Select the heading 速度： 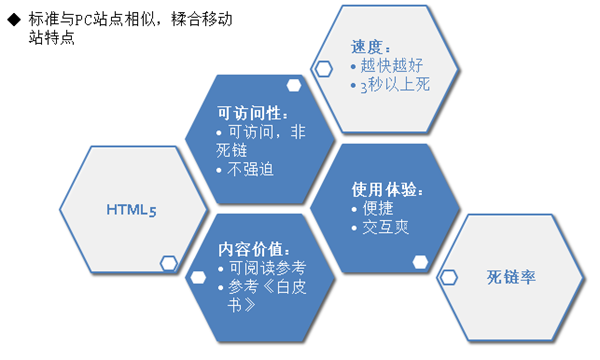coord(369,47)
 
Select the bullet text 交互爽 coord(386,227)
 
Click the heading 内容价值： coord(254,248)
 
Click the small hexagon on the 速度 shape coord(324,68)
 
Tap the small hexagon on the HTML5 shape coord(168,263)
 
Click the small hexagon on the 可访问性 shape coord(293,85)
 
